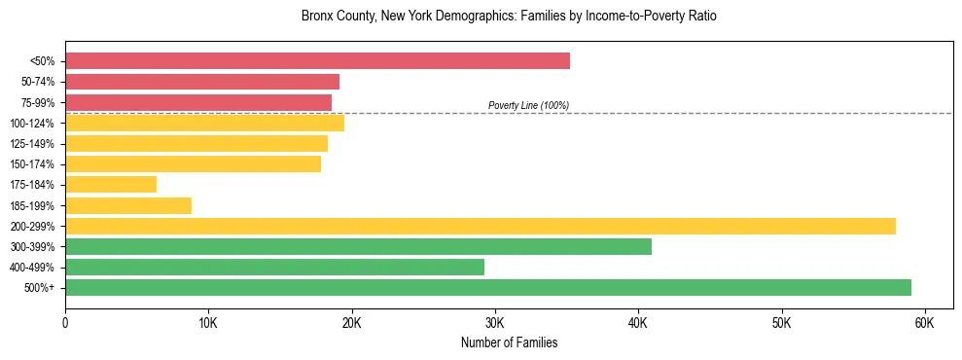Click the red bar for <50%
(317, 61)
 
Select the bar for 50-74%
(202, 82)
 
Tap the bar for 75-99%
(198, 102)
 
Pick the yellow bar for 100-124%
(204, 123)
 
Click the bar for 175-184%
(111, 184)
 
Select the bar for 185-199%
(128, 205)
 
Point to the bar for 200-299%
(481, 226)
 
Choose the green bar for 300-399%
(358, 246)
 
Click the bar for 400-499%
(274, 267)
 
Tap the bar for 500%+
(488, 287)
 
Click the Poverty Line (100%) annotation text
(528, 105)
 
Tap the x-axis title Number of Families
(509, 342)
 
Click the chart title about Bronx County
(509, 17)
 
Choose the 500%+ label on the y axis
(38, 288)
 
